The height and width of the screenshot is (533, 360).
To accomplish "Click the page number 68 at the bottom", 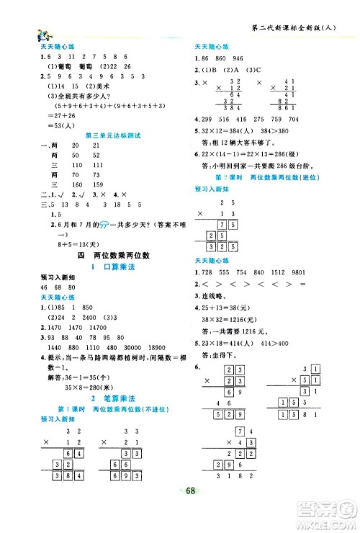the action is pyautogui.click(x=179, y=512).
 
